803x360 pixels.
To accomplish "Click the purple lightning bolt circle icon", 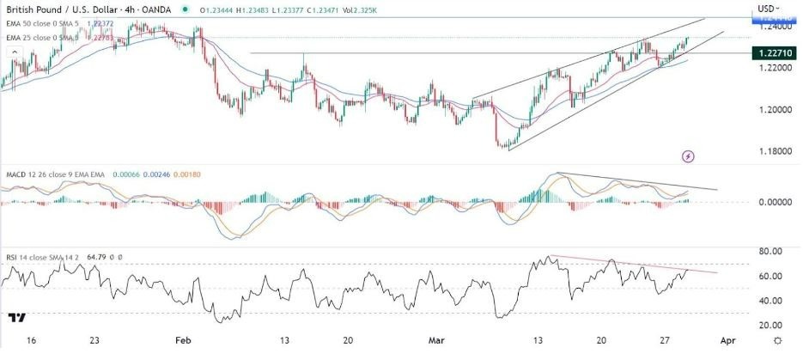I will [688, 156].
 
